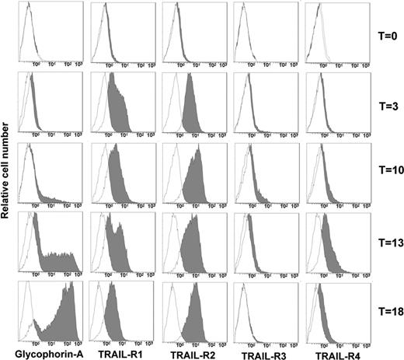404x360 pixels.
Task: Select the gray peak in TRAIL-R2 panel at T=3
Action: pos(191,109)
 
